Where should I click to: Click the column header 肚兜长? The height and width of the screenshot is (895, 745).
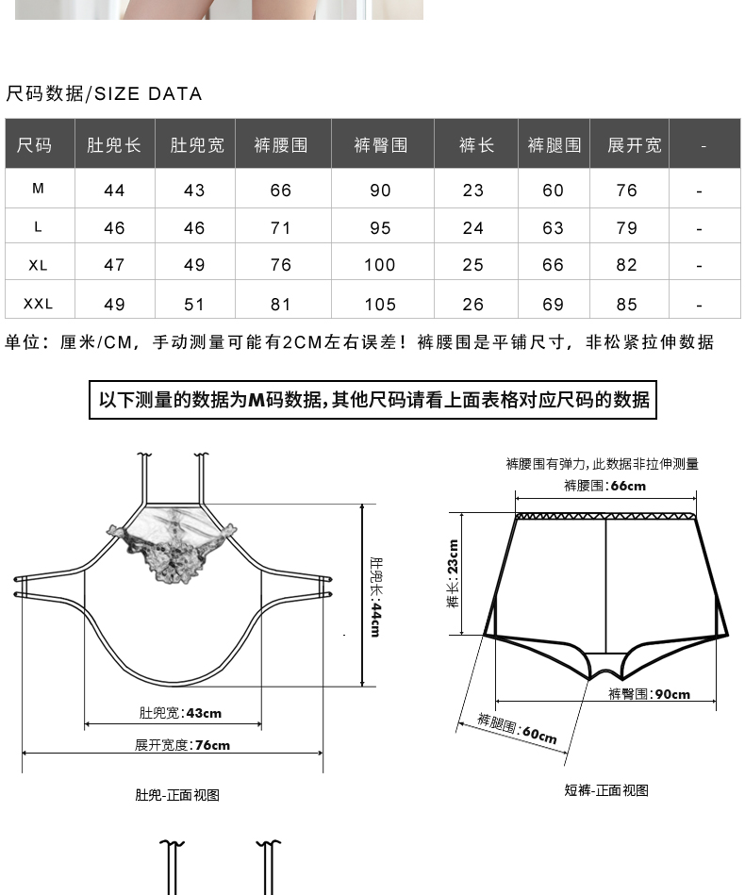click(114, 145)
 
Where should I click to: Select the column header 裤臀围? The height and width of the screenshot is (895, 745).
click(380, 145)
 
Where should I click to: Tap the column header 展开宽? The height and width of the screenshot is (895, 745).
click(634, 145)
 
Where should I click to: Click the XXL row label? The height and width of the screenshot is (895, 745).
click(39, 304)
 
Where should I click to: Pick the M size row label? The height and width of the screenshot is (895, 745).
click(39, 189)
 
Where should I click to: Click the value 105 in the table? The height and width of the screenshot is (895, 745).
click(380, 305)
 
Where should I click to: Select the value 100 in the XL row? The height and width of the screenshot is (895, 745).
click(380, 266)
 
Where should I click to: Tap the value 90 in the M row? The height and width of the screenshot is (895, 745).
click(380, 191)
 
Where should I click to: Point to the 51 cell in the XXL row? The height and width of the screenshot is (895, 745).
click(194, 305)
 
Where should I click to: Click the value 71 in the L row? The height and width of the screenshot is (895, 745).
click(281, 228)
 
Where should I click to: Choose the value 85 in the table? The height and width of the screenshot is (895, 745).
click(627, 305)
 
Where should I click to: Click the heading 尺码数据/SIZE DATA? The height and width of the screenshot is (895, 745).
click(104, 93)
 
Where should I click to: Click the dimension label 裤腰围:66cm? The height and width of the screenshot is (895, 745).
click(604, 486)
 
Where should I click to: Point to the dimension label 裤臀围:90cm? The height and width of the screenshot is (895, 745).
click(649, 694)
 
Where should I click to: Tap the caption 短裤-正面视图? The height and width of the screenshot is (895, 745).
click(606, 790)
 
